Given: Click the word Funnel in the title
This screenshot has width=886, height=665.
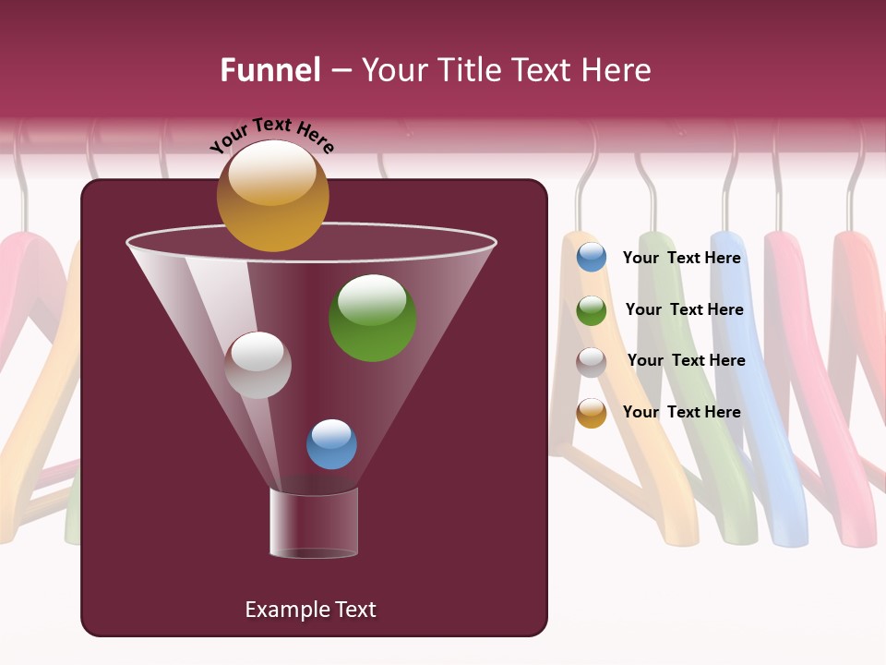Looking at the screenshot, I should click(x=270, y=70).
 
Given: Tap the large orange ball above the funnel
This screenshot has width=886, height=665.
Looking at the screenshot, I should click(x=272, y=196).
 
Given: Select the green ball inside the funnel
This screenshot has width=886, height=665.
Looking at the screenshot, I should click(x=372, y=318).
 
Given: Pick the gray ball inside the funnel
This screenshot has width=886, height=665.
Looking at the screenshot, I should click(x=257, y=365).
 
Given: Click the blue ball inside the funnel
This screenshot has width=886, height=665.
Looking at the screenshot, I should click(x=331, y=444).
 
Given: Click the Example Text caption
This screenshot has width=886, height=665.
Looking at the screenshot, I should click(x=310, y=610).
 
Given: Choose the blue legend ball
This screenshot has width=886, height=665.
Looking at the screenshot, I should click(x=592, y=258).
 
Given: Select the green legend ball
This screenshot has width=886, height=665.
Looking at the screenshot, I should click(x=592, y=310).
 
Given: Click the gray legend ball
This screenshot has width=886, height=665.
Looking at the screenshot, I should click(x=592, y=362).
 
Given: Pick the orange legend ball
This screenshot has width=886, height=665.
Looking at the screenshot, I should click(x=592, y=413).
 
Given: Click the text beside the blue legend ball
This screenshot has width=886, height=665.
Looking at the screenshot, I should click(x=682, y=259).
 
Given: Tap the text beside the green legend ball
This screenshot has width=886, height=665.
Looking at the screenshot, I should click(x=684, y=310).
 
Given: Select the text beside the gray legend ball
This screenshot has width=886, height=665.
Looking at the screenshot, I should click(x=686, y=361).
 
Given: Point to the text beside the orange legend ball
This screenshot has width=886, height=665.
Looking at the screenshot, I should click(x=682, y=412).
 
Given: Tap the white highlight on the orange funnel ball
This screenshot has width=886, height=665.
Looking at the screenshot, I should click(x=271, y=173).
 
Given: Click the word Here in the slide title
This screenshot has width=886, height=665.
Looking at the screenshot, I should click(x=617, y=70).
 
